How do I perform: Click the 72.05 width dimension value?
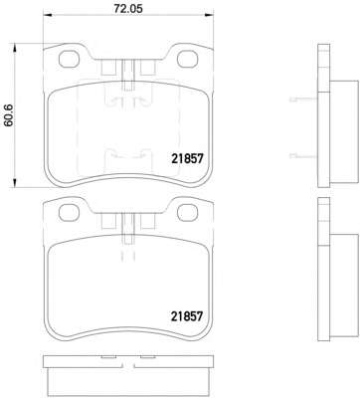128,9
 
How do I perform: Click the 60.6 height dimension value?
8,115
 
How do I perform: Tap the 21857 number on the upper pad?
187,159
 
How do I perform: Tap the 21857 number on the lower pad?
187,316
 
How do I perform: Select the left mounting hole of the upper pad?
69,60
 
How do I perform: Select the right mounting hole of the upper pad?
188,59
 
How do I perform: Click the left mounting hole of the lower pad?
69,213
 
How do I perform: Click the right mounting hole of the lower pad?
188,213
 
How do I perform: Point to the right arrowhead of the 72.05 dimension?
209,15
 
